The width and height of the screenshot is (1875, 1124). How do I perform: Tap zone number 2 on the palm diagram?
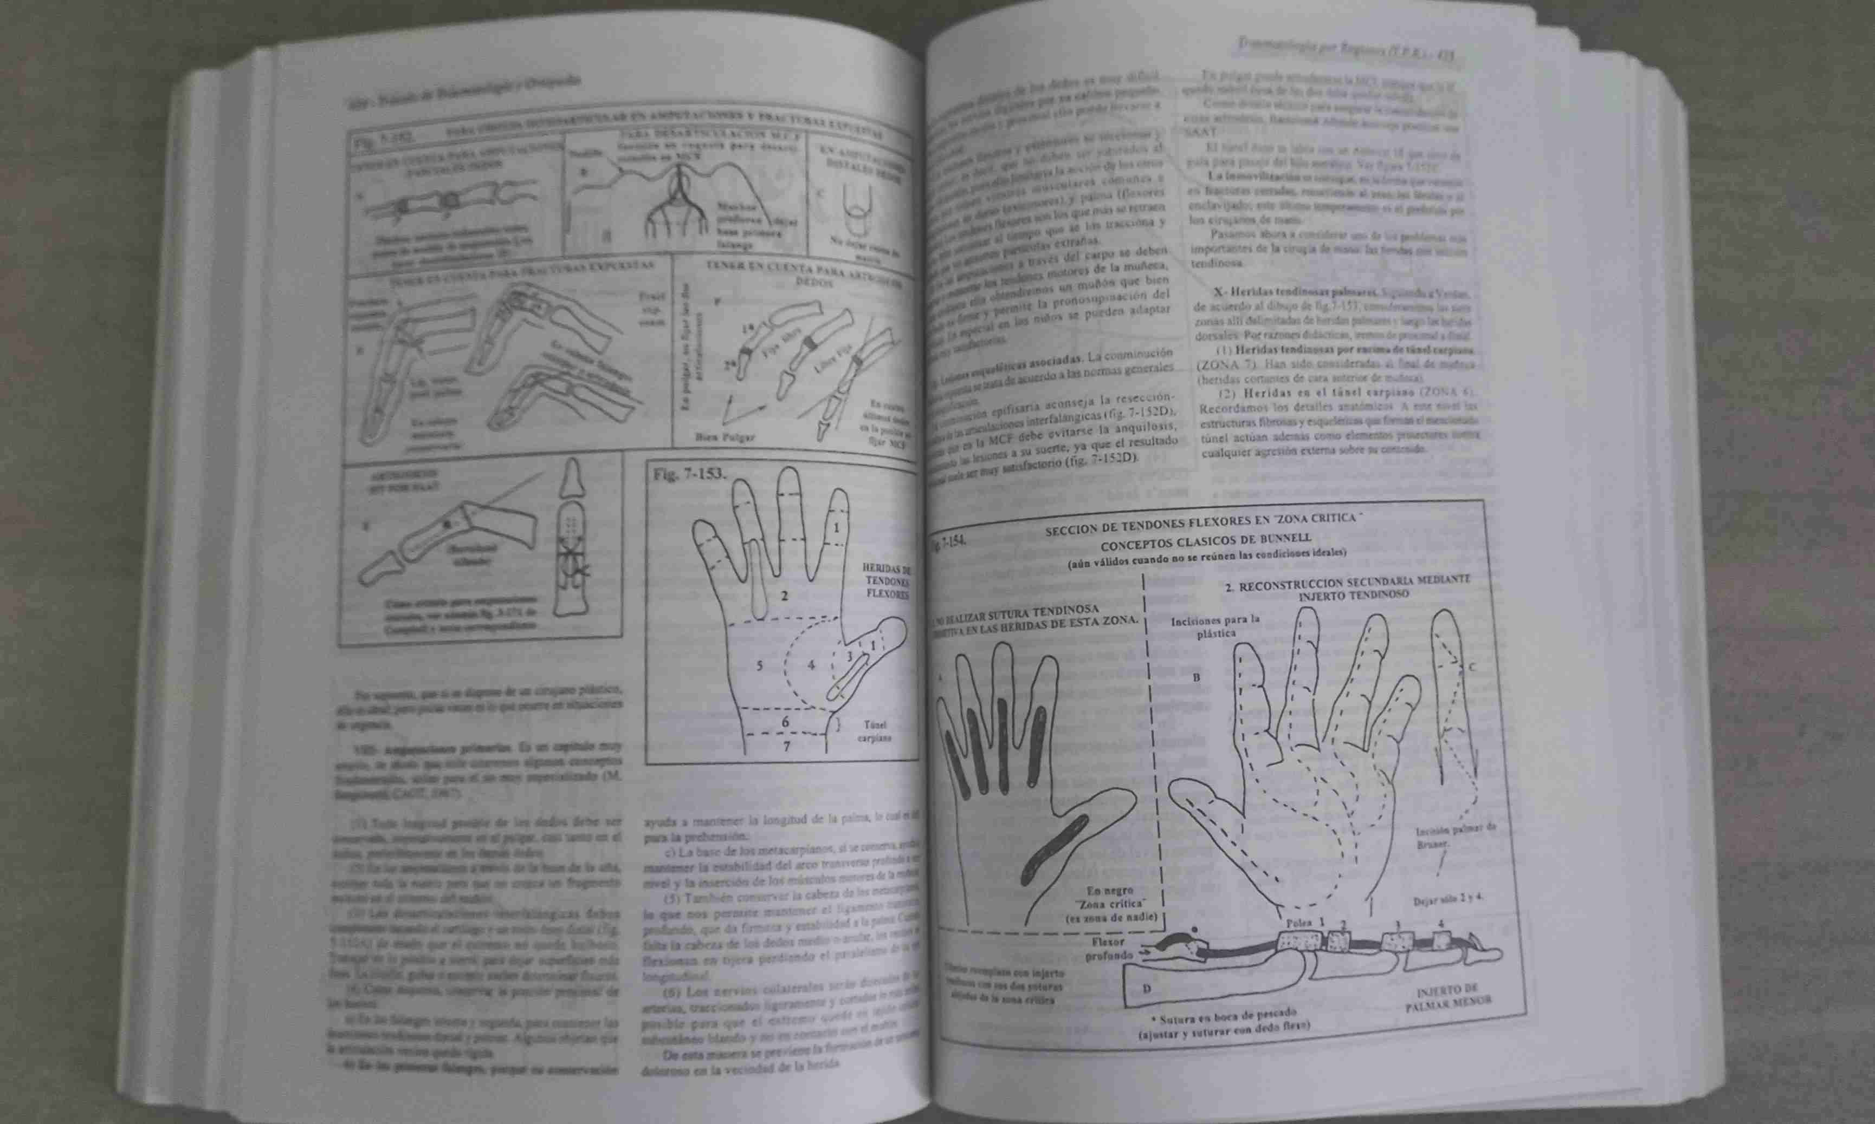[784, 596]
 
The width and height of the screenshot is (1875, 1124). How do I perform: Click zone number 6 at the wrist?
[785, 722]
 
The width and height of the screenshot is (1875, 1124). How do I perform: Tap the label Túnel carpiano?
[874, 731]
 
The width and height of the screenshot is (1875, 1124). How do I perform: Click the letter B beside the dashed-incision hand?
[1196, 676]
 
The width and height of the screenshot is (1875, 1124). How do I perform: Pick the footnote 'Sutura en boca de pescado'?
[1221, 1015]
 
